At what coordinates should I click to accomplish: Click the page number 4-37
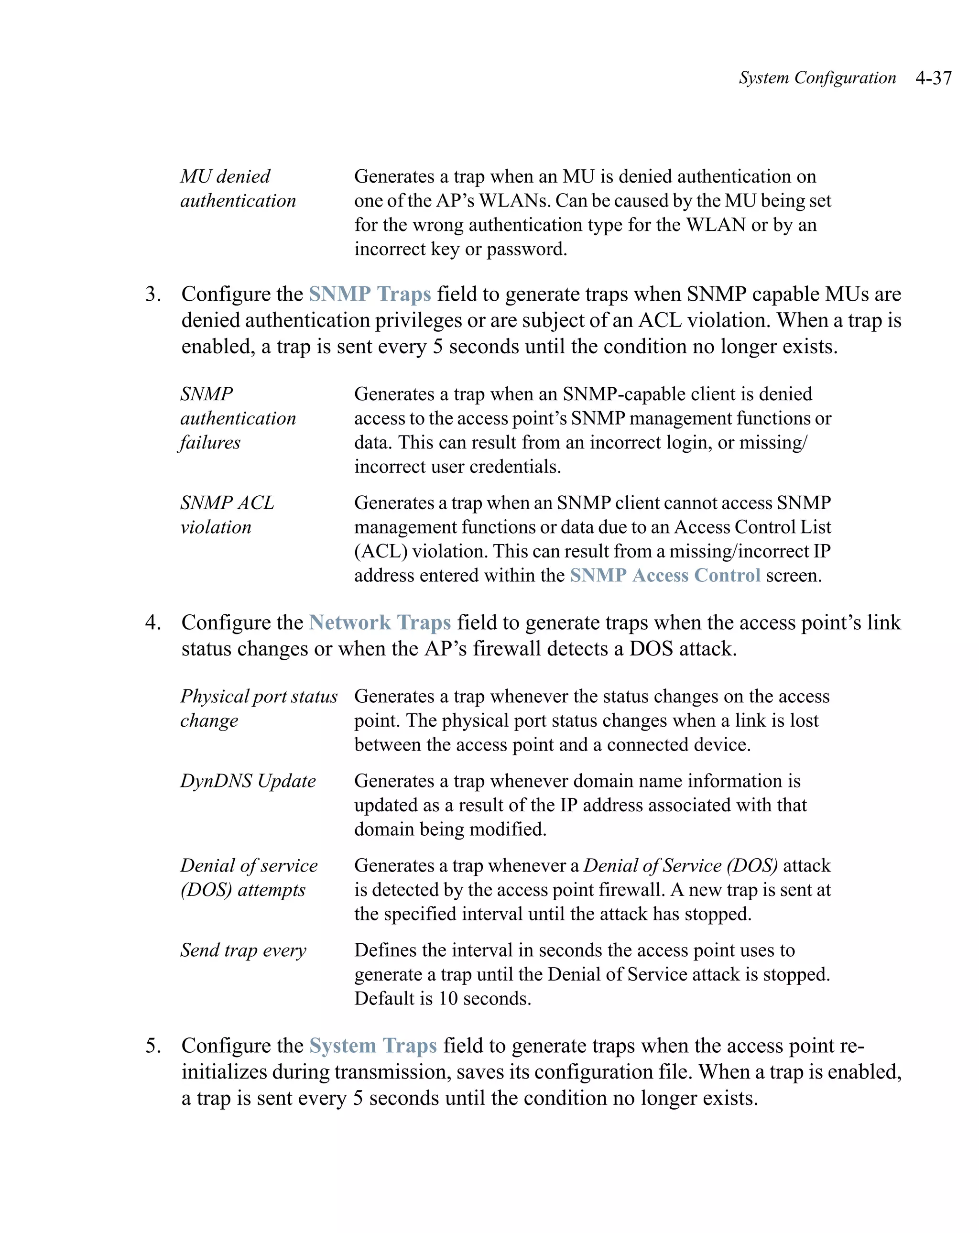click(933, 78)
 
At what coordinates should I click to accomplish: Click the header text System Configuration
click(816, 78)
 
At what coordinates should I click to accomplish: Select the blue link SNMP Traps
click(370, 294)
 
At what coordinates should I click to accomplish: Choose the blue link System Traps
click(373, 1046)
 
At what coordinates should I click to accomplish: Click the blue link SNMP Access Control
click(664, 575)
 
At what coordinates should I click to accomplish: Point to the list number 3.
click(152, 294)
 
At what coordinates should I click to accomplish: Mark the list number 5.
click(152, 1046)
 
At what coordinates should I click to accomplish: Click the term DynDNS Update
click(248, 781)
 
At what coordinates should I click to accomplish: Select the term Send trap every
click(243, 950)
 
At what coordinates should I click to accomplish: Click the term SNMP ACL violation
click(227, 515)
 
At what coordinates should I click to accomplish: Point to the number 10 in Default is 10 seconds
click(448, 999)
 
